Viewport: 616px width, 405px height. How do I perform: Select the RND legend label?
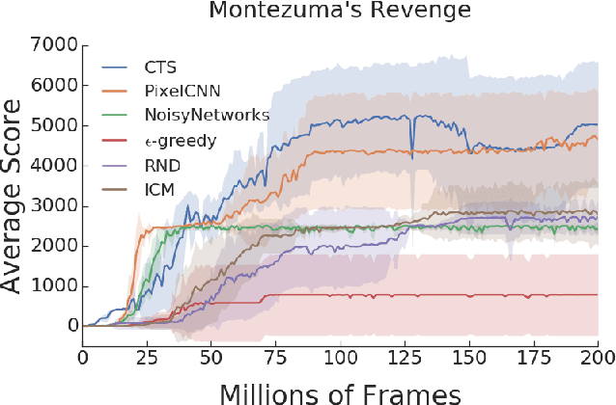pyautogui.click(x=157, y=164)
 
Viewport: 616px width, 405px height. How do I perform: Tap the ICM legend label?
pyautogui.click(x=155, y=188)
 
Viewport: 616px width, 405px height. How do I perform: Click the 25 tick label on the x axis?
pyautogui.click(x=147, y=355)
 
